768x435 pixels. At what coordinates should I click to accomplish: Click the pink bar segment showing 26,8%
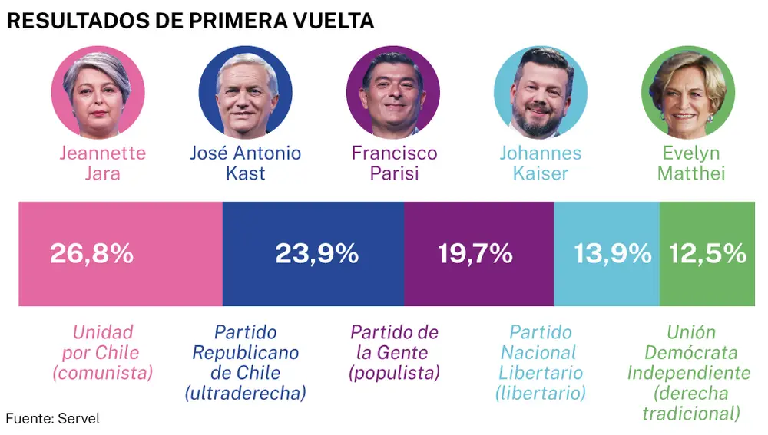[x=120, y=254]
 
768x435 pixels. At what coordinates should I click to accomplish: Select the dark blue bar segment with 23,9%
[x=313, y=254]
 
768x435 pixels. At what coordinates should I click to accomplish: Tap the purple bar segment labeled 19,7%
[x=478, y=254]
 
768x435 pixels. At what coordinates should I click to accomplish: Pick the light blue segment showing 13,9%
[x=607, y=254]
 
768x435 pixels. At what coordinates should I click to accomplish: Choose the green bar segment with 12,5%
[x=707, y=254]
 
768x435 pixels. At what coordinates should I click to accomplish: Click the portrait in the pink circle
[x=98, y=91]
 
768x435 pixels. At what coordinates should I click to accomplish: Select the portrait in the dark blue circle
[x=245, y=91]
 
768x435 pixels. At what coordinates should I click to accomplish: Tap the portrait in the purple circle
[x=393, y=91]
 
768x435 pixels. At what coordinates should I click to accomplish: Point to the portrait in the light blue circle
[x=541, y=91]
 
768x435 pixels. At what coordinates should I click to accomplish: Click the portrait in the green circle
[x=688, y=91]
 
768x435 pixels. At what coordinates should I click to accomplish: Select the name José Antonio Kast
[x=245, y=163]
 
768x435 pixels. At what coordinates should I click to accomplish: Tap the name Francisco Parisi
[x=394, y=163]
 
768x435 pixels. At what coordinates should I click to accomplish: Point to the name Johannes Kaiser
[x=541, y=163]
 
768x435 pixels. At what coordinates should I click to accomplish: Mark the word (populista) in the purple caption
[x=394, y=374]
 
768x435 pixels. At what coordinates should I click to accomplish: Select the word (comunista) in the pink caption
[x=102, y=374]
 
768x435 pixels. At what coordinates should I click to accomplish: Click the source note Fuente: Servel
[x=52, y=419]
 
